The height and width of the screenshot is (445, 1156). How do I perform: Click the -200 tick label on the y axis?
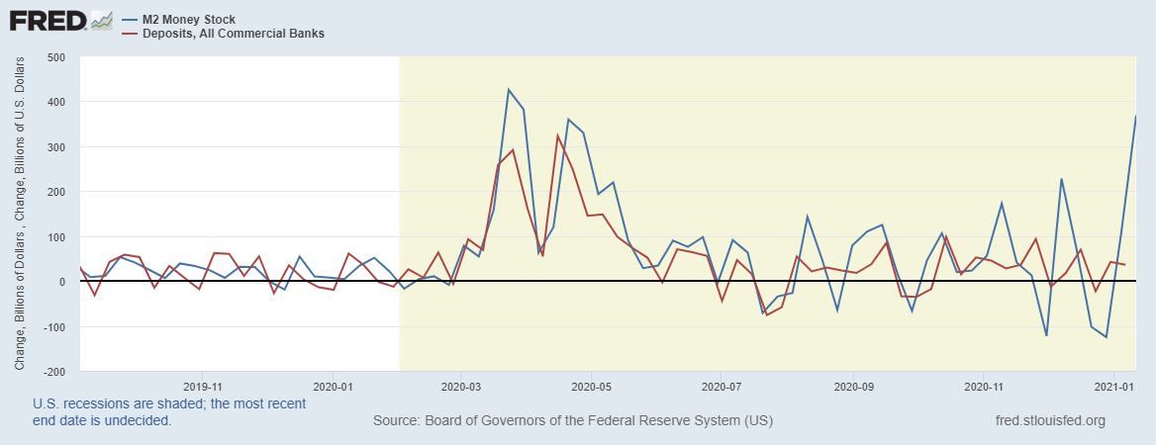point(52,372)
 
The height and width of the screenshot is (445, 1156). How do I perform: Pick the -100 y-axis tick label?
point(52,327)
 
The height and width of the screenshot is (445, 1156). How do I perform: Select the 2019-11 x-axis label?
point(203,387)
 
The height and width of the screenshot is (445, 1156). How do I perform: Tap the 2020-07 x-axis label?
point(722,387)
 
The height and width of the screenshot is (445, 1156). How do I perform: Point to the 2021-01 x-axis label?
point(1113,387)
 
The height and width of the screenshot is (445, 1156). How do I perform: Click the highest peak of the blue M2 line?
point(508,90)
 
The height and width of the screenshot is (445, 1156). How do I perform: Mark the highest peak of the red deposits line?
point(558,134)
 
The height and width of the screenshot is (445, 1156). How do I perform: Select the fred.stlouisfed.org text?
point(1050,421)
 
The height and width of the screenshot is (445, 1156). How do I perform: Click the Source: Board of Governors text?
point(572,421)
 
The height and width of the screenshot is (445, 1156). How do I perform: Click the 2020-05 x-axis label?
point(591,387)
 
